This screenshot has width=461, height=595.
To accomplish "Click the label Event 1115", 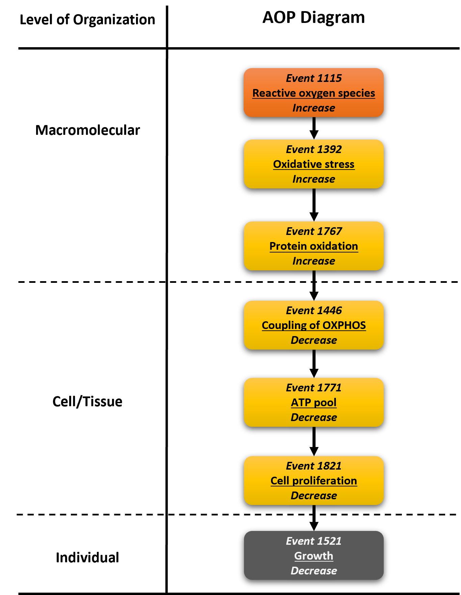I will click(x=314, y=78).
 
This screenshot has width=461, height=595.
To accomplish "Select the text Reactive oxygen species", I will click(x=314, y=93).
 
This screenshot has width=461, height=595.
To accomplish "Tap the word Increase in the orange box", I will click(x=314, y=108).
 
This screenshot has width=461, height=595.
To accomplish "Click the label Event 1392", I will click(x=314, y=149).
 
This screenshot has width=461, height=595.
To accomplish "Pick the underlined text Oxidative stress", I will click(x=314, y=164).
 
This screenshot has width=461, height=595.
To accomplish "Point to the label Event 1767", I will click(x=314, y=231).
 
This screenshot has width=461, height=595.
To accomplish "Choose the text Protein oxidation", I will click(x=314, y=246).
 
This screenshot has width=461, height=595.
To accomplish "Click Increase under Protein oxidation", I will click(x=314, y=261).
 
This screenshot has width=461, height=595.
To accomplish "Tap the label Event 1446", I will click(x=314, y=310).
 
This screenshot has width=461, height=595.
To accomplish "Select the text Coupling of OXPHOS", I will click(x=314, y=325).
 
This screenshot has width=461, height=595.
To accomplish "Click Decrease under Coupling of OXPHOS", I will click(x=314, y=340).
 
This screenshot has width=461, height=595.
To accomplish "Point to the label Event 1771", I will click(x=314, y=388).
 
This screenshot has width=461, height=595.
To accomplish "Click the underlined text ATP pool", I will click(x=314, y=403).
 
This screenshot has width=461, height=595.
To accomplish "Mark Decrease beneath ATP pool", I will click(x=314, y=417).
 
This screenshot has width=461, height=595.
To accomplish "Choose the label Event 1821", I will click(x=314, y=466).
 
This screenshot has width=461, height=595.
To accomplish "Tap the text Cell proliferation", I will click(x=314, y=481).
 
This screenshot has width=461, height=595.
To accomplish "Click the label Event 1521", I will click(x=314, y=541).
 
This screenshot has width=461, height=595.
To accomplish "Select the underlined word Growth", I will click(x=314, y=556).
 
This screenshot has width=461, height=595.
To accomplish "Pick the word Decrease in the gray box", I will click(x=314, y=571).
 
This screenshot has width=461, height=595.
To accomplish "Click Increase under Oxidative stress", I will click(x=314, y=179).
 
